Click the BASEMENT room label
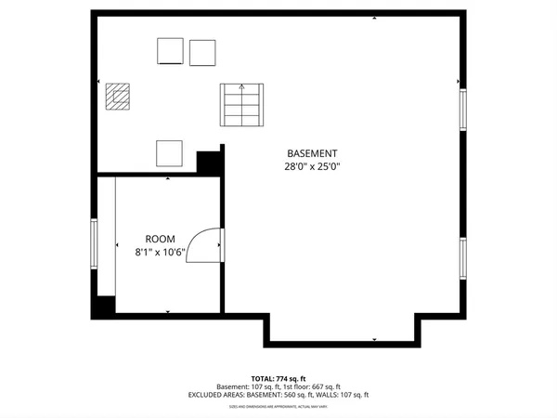311,153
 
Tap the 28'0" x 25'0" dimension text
311,167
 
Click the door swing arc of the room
204,246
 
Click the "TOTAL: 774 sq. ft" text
278,378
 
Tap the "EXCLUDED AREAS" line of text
278,395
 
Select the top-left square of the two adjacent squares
170,51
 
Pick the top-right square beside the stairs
202,51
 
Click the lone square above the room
169,151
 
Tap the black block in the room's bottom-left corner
102,306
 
